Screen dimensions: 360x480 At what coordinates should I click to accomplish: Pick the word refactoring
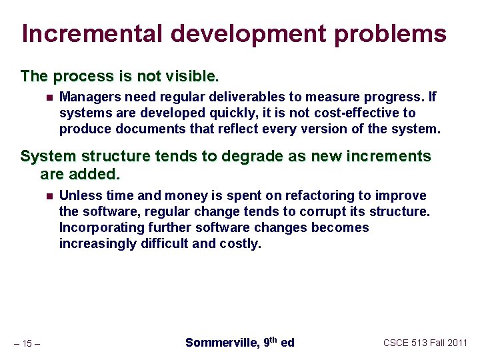coord(317,195)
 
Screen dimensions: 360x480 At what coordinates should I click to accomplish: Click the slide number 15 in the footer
coord(27,343)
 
